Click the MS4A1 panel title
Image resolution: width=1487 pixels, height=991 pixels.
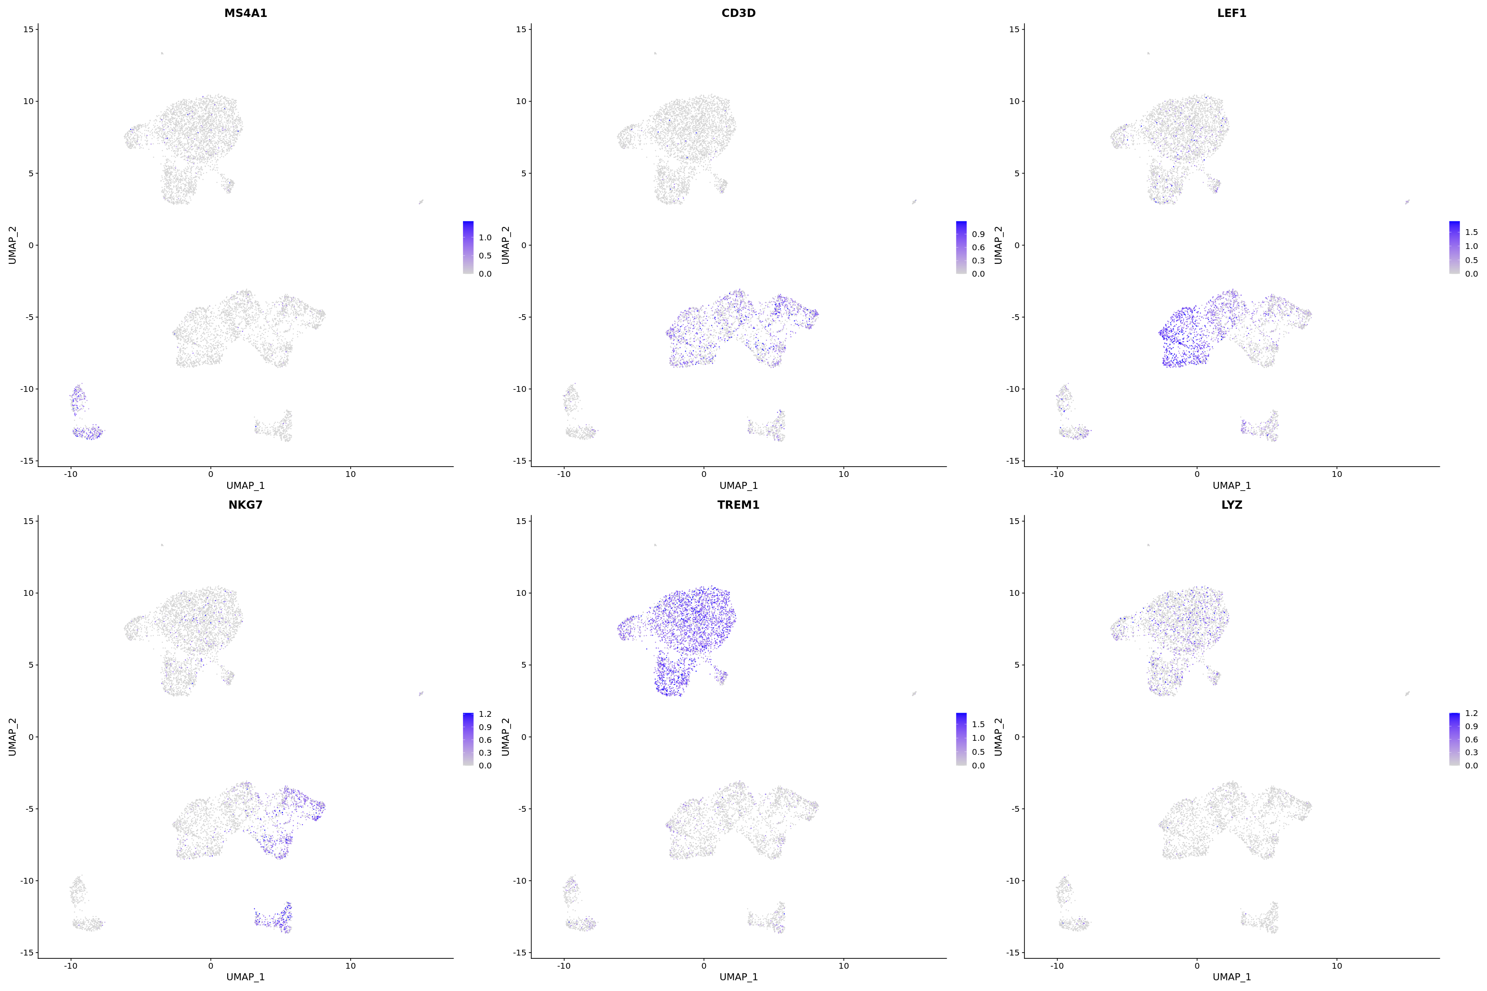tap(245, 13)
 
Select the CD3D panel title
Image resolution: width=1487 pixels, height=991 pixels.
tap(739, 13)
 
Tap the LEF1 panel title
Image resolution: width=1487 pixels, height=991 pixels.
tap(1232, 13)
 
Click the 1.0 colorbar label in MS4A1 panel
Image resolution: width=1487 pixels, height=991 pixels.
tap(485, 238)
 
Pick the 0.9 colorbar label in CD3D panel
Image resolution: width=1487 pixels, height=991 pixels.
tap(978, 234)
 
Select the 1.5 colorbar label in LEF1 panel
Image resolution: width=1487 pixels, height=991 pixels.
tap(1471, 232)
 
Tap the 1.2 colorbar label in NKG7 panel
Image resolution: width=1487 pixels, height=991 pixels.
tap(485, 714)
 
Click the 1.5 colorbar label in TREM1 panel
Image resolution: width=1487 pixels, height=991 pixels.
tap(978, 724)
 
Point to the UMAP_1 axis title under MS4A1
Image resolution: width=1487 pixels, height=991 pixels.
tap(245, 486)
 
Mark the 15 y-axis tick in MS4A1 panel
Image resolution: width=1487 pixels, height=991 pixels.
tap(29, 29)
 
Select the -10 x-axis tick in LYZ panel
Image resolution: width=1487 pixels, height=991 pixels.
tap(1057, 966)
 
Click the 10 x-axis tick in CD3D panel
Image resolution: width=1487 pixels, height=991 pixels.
tap(843, 474)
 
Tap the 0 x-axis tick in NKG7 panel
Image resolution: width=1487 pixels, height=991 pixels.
tap(211, 966)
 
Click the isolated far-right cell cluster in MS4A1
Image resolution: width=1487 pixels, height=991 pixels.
tap(420, 202)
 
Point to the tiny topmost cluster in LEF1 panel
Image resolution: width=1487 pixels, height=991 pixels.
tap(1148, 53)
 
